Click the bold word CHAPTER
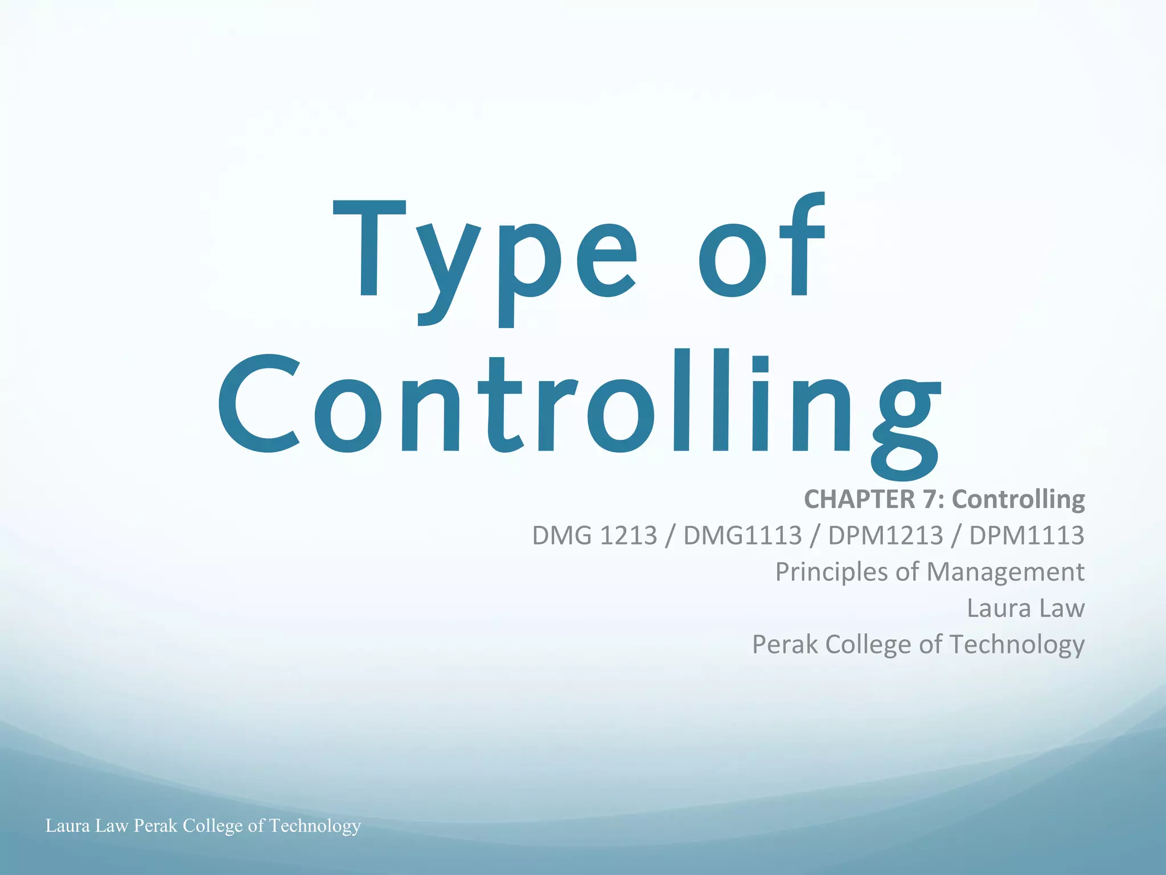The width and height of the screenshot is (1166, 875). [859, 499]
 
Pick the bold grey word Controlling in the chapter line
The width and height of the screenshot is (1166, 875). [1019, 499]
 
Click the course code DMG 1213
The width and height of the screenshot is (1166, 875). [594, 535]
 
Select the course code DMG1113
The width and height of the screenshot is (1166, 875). [742, 535]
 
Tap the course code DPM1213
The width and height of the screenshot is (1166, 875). [886, 535]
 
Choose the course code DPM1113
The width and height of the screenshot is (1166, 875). [1027, 535]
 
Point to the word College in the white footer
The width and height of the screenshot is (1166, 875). [212, 826]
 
